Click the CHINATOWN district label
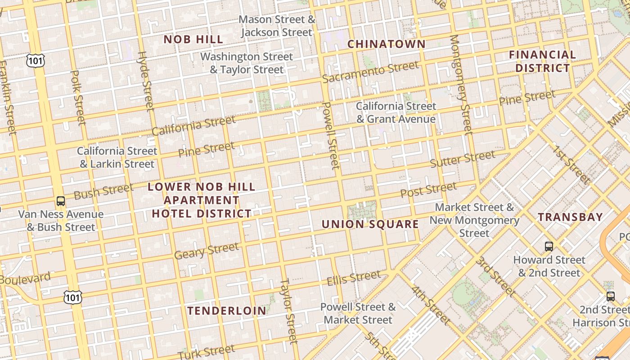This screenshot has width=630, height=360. [386, 44]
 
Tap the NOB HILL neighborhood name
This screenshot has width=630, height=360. [193, 40]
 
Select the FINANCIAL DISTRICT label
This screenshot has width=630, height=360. [542, 61]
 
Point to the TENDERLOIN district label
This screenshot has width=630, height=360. [227, 310]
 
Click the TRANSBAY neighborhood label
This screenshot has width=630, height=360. [570, 217]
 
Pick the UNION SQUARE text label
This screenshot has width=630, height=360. [370, 224]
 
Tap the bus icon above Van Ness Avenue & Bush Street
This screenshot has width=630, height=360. [61, 201]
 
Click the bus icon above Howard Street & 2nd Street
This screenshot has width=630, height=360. [549, 246]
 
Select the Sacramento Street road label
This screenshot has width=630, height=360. [370, 72]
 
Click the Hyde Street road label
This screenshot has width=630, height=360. [146, 81]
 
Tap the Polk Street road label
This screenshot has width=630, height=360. [78, 98]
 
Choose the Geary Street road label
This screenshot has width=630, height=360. [207, 251]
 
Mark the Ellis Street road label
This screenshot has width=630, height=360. [354, 278]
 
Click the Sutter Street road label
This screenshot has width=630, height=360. [462, 159]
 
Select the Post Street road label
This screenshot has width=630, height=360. [428, 190]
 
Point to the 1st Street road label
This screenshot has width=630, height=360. [571, 165]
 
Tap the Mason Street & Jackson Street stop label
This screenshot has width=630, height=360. [277, 26]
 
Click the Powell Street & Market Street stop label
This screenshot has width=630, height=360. [358, 313]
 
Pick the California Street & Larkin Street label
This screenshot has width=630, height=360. [117, 157]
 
